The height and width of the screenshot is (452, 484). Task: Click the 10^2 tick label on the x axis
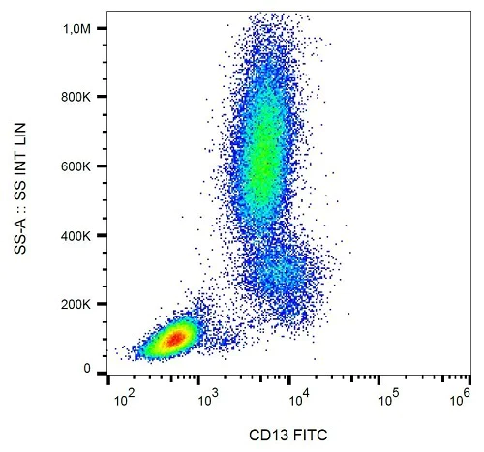[122, 398]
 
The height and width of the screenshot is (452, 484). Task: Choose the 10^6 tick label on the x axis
[460, 398]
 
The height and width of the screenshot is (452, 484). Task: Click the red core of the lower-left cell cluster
[172, 339]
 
